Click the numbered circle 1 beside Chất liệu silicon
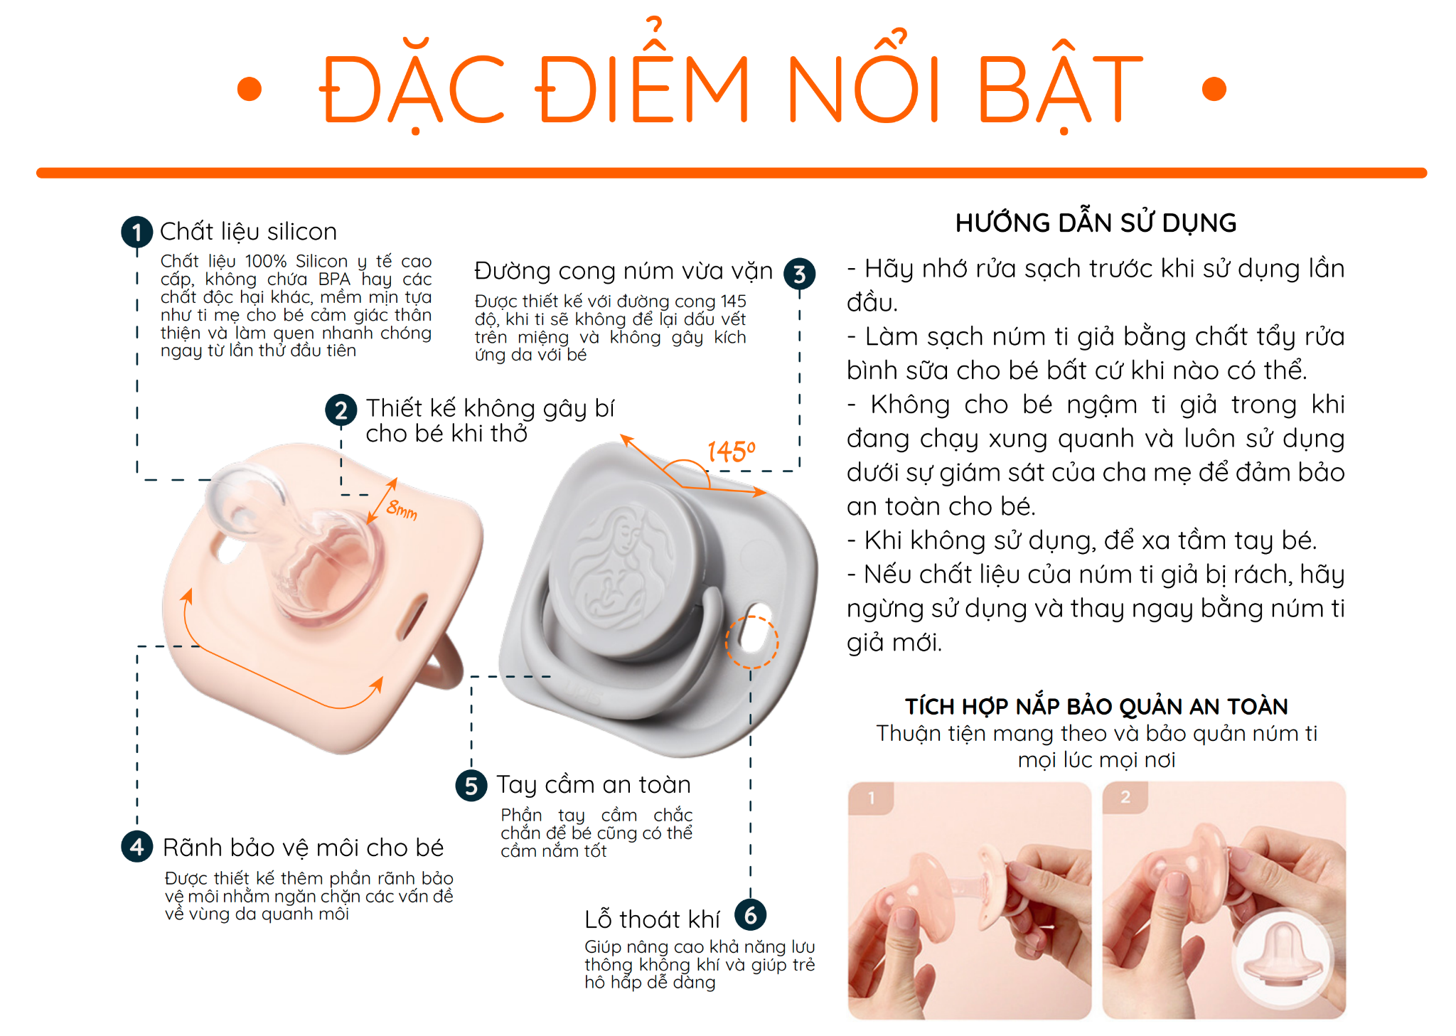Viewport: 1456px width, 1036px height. pyautogui.click(x=136, y=233)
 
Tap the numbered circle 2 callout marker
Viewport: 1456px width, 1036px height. pyautogui.click(x=341, y=410)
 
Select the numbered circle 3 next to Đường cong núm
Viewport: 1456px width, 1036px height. pyautogui.click(x=799, y=274)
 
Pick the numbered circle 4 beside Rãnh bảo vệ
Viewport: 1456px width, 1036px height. pyautogui.click(x=136, y=847)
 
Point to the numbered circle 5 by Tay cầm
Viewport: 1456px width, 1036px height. pyautogui.click(x=471, y=786)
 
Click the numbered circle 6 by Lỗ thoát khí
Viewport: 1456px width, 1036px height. pyautogui.click(x=750, y=915)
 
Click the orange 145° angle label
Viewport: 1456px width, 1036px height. pyautogui.click(x=731, y=452)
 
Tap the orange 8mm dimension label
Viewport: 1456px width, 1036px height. pyautogui.click(x=402, y=509)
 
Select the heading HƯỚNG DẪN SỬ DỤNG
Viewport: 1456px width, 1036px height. pyautogui.click(x=1096, y=223)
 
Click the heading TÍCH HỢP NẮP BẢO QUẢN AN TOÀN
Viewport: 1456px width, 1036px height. pyautogui.click(x=1096, y=706)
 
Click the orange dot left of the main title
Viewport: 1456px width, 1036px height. pyautogui.click(x=249, y=90)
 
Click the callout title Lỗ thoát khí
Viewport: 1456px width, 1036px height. pyautogui.click(x=652, y=919)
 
